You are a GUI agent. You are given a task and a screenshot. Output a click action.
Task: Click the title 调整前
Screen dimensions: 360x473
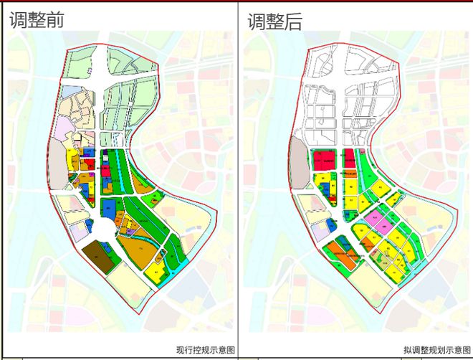tap(37, 19)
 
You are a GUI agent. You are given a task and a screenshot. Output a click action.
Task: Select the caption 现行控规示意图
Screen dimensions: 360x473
tap(205, 349)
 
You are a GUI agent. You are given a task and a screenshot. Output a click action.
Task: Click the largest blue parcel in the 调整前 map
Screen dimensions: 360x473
tap(109, 207)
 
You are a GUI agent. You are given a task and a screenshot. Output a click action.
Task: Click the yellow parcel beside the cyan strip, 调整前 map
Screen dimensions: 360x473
tap(156, 272)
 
